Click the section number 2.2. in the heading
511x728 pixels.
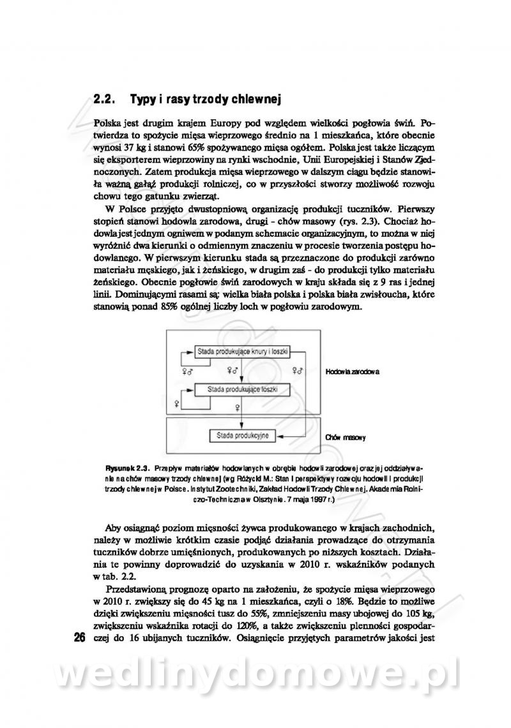103,100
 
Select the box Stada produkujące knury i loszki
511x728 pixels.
242,351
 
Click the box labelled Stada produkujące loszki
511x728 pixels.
242,389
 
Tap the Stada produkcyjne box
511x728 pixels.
242,436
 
